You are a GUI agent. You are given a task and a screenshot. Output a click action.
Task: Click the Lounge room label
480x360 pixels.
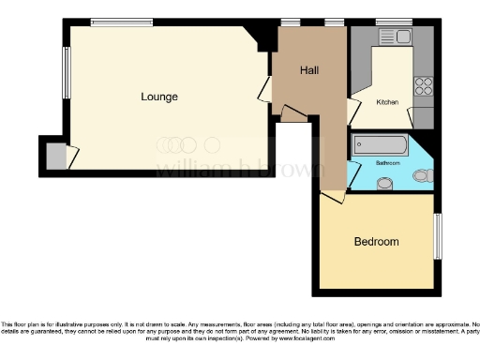point(159,97)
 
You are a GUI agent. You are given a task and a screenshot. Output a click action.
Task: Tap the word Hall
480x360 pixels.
point(310,71)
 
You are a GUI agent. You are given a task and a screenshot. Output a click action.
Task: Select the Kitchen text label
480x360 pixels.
point(387,101)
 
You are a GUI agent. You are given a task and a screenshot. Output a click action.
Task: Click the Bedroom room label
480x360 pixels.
point(376,241)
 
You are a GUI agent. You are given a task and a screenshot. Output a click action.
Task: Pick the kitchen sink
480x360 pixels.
point(395,36)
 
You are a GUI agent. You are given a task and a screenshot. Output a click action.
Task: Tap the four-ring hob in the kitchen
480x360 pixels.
point(424,86)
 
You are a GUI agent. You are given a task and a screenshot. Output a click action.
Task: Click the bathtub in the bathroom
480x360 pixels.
point(380,145)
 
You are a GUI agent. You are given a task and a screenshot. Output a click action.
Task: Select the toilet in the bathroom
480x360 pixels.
point(423,174)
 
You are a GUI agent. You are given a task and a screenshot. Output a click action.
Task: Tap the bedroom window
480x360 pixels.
point(437,236)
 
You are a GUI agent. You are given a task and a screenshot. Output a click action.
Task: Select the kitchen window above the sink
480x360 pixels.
point(394,22)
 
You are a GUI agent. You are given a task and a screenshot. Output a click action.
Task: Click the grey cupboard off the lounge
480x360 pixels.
point(56,156)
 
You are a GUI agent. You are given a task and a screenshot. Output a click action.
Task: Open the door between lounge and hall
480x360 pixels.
point(265,91)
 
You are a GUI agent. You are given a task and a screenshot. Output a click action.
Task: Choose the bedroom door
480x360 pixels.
point(332,196)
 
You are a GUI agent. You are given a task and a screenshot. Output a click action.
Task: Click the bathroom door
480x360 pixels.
point(353,174)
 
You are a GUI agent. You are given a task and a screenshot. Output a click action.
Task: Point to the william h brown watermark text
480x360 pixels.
point(239,169)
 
